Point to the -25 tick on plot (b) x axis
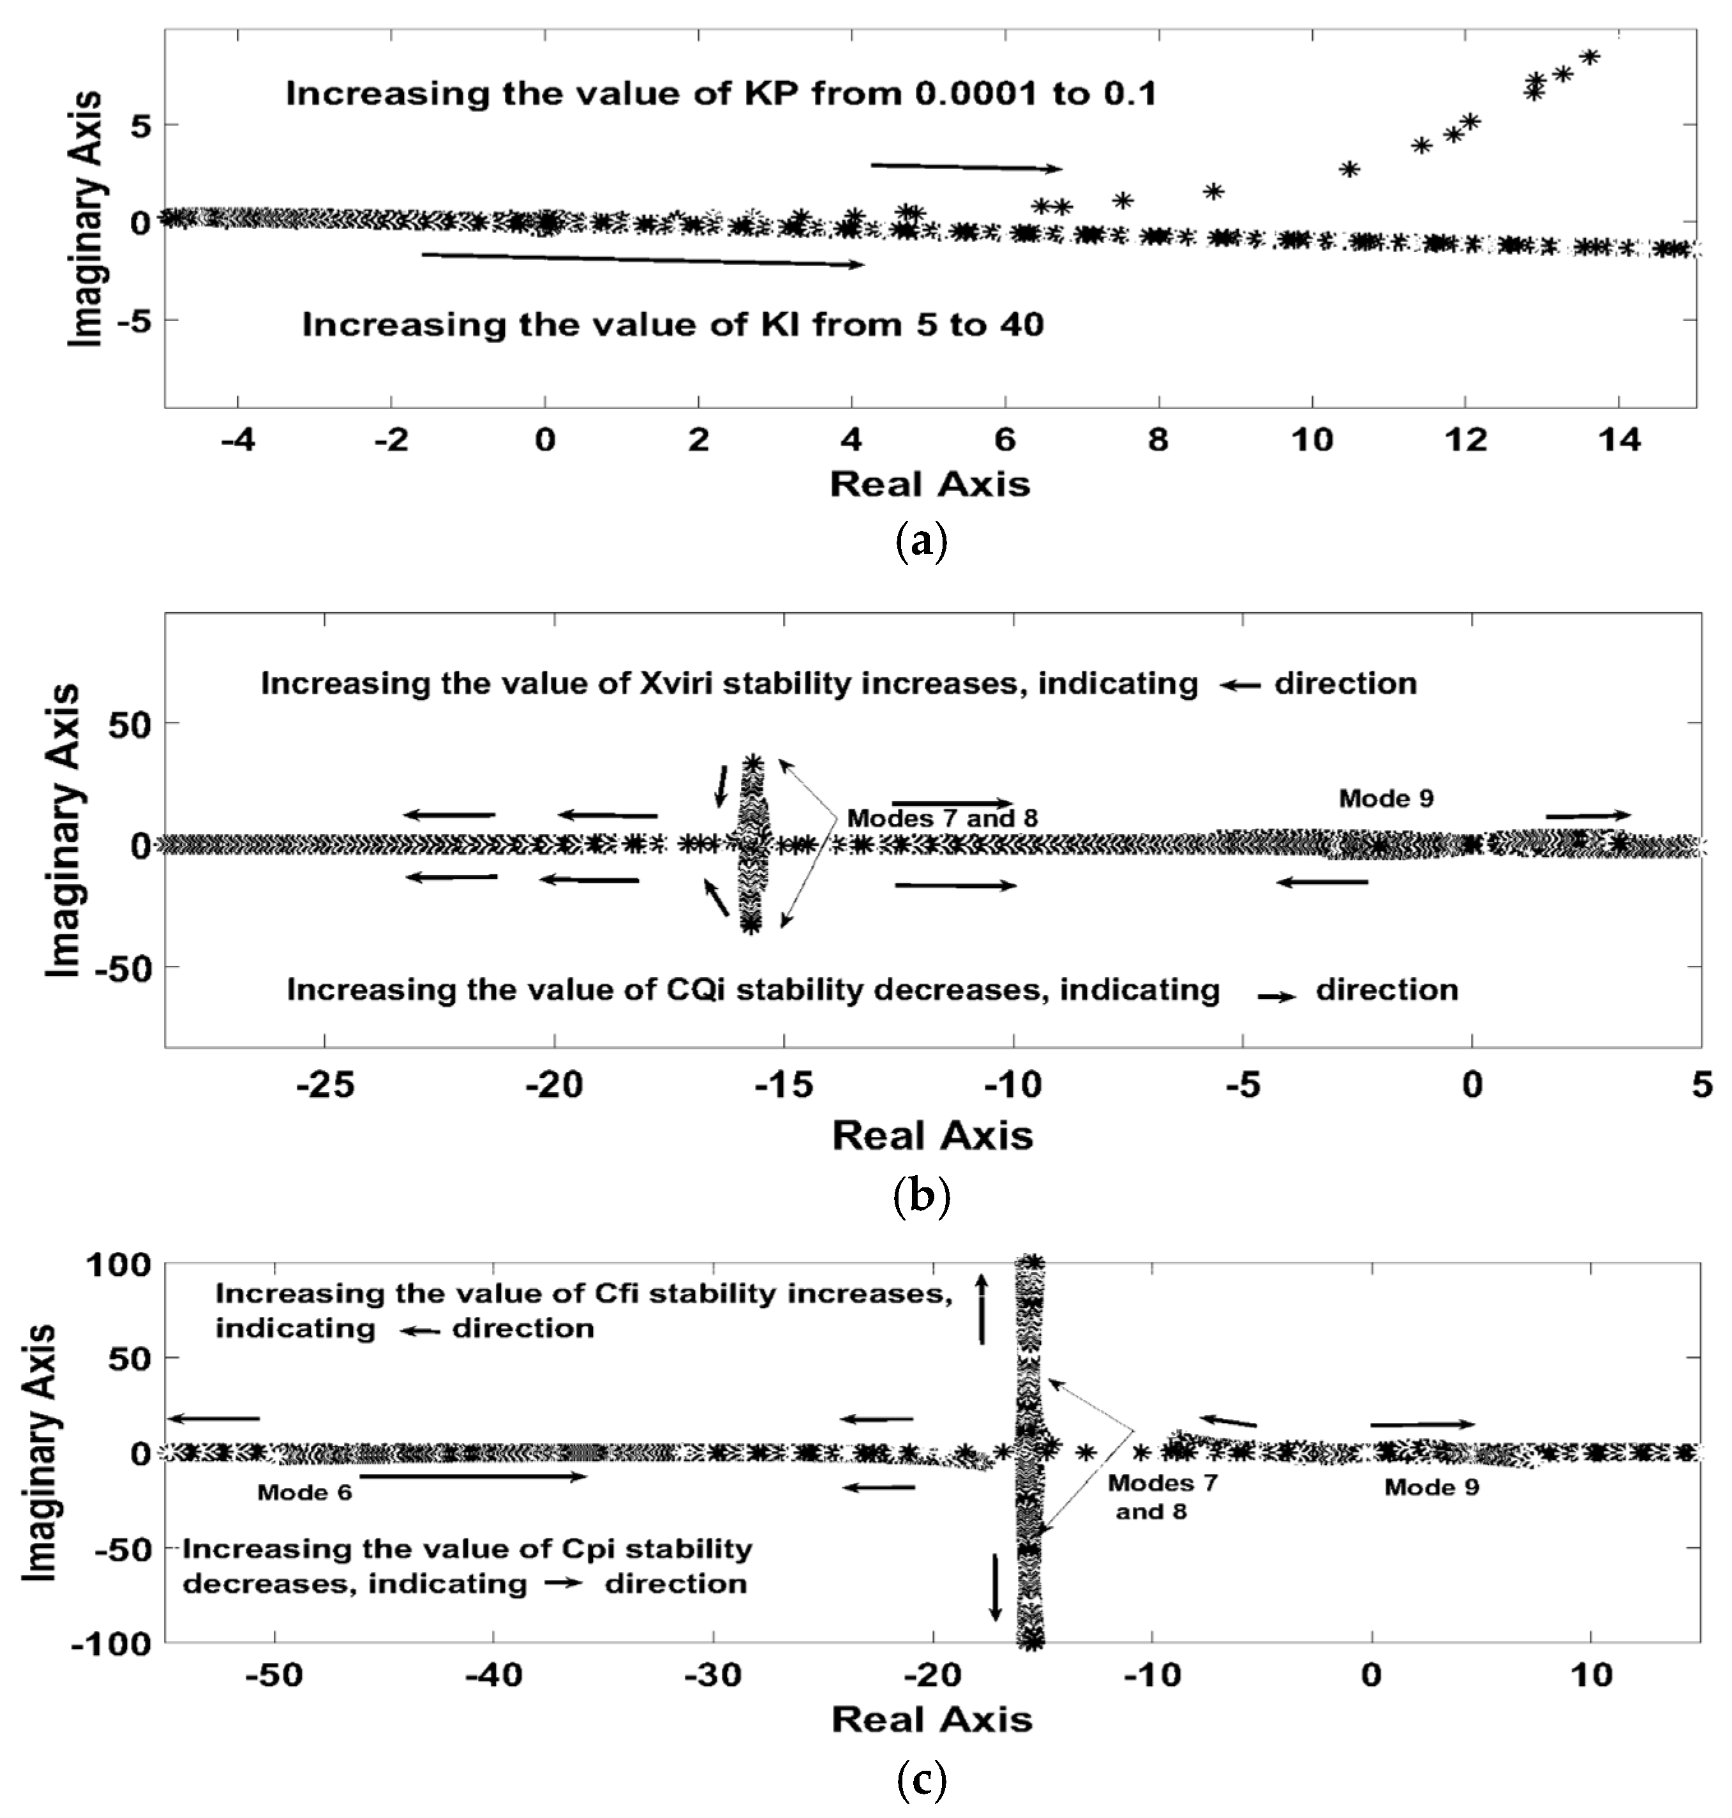[x=324, y=1086]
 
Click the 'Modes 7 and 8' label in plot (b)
[x=943, y=818]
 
